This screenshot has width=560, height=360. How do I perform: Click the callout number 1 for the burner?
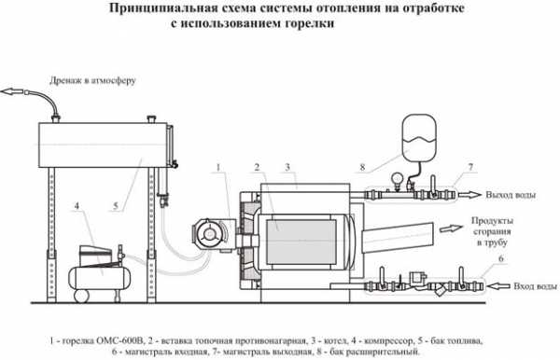219,167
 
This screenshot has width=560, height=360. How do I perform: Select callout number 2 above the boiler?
257,167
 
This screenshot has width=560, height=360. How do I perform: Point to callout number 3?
287,167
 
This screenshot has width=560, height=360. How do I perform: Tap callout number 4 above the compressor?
77,206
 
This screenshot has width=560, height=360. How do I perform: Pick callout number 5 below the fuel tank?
116,206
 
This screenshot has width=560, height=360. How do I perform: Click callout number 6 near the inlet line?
500,258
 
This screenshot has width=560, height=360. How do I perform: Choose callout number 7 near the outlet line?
470,167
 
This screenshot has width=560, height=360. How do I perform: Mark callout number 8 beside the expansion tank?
362,167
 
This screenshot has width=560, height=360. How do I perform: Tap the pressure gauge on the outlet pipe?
397,178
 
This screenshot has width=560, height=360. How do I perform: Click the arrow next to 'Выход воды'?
469,195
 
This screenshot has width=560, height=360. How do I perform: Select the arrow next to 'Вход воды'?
499,285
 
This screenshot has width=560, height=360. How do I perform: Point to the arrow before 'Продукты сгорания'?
451,228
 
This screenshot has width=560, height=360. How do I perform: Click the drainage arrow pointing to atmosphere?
12,91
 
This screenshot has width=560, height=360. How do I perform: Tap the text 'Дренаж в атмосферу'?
92,80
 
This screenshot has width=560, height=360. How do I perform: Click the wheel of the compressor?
81,296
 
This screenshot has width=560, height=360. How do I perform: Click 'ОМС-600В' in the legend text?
120,340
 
